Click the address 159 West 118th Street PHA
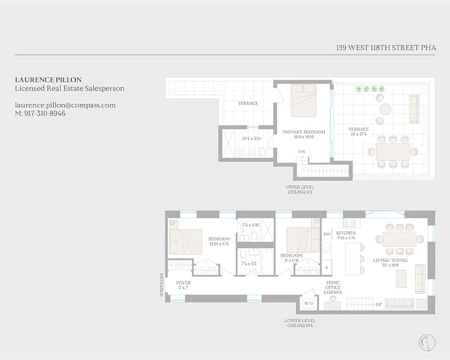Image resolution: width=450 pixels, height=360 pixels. click(x=386, y=47)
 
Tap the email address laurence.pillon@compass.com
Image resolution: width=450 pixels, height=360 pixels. click(x=65, y=105)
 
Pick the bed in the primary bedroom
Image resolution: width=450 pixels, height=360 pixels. click(x=303, y=100)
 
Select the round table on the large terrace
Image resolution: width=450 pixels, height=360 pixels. click(x=385, y=109)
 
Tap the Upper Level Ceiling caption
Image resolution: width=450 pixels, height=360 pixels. click(x=300, y=189)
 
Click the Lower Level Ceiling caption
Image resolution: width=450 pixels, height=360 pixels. click(x=300, y=323)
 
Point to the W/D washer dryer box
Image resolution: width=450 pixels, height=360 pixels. click(x=309, y=304)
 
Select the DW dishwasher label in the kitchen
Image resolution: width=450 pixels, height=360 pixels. click(x=327, y=234)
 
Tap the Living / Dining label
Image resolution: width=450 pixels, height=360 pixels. click(x=390, y=260)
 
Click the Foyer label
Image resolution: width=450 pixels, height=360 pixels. click(x=184, y=285)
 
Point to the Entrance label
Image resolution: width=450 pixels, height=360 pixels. click(x=162, y=284)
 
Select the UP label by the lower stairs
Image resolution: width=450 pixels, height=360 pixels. click(x=378, y=305)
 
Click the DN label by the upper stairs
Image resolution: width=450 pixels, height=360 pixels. click(x=301, y=152)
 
